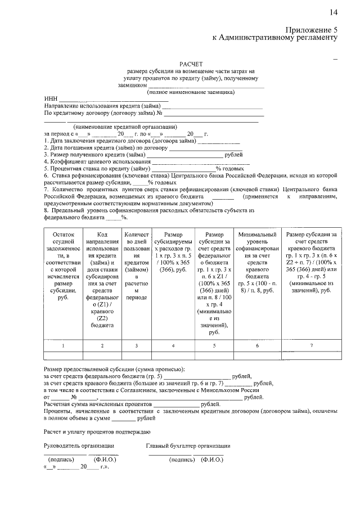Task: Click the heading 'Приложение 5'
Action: tap(311, 29)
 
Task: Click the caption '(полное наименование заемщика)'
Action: tap(191, 92)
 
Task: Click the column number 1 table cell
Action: tap(63, 345)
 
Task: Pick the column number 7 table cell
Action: tap(311, 345)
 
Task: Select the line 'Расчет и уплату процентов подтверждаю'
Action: tap(96, 431)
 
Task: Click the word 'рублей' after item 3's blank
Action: tap(233, 155)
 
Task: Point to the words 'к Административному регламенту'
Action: tap(274, 38)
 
